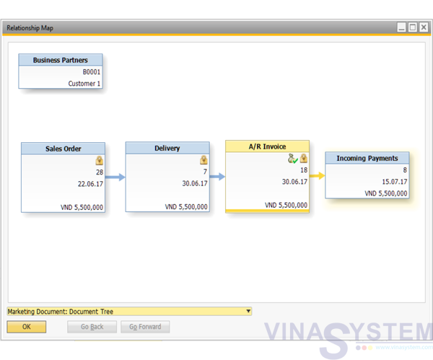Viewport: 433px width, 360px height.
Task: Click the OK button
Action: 27,327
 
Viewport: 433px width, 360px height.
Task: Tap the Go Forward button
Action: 145,327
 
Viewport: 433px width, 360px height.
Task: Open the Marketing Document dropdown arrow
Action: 248,311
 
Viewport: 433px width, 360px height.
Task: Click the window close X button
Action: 424,27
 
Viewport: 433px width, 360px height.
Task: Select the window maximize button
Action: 413,27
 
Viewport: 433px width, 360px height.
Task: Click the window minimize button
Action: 401,27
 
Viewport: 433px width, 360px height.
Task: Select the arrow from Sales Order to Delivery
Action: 115,177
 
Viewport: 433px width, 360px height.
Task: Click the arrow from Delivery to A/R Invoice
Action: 217,177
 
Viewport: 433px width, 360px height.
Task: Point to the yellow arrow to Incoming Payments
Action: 317,175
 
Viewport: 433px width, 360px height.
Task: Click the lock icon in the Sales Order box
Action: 100,160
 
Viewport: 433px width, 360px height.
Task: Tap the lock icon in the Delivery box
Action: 204,160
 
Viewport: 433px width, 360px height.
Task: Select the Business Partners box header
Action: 61,60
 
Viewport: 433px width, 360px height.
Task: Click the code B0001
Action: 92,72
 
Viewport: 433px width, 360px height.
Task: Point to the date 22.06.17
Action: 90,184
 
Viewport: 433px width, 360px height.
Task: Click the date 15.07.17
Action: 394,182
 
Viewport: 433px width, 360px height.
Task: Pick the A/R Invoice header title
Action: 267,146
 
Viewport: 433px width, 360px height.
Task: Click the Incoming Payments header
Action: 367,158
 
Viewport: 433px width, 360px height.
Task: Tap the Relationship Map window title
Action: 30,28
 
